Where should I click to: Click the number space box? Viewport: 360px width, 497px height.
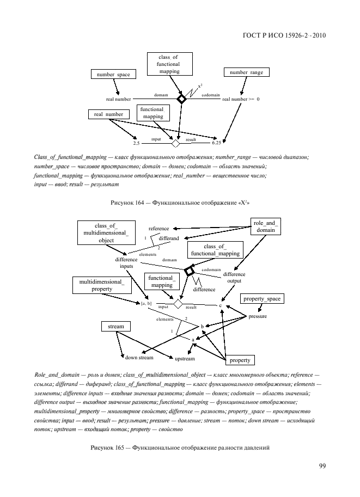pos(113,74)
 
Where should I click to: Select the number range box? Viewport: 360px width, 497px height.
pos(246,72)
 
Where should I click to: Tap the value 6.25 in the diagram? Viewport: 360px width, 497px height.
pos(216,143)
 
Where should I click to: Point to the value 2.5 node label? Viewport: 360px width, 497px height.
pos(137,143)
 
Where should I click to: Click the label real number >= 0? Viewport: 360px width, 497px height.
pos(241,100)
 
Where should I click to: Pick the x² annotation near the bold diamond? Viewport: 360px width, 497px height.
pos(200,86)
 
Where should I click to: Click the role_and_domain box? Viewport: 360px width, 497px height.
pos(266,226)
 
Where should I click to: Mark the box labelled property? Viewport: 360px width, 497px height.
pos(240,360)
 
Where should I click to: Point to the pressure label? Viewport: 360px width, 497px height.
pos(257,316)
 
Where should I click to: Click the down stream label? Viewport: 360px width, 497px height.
pos(139,357)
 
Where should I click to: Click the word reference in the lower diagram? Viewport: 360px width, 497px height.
pos(158,229)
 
